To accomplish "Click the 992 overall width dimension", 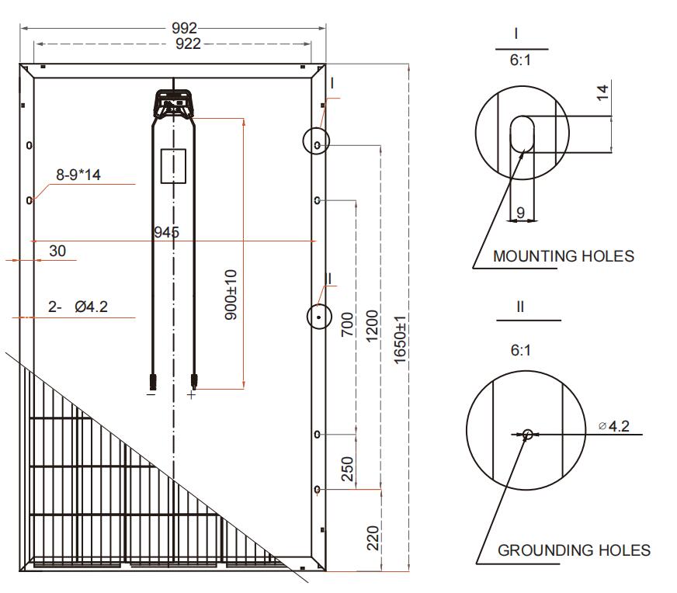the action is tap(184, 28).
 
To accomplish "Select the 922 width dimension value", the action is tap(188, 43).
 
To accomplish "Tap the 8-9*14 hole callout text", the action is tap(78, 175).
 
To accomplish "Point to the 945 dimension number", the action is tap(166, 232).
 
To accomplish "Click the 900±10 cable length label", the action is tap(231, 295).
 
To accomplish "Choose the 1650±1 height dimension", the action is tap(401, 340).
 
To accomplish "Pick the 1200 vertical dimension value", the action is tap(372, 326).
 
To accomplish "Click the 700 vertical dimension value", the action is tap(347, 324).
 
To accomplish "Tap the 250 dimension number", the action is tap(347, 469).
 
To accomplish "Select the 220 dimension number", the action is tap(373, 538).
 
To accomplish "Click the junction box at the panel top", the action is tap(174, 103).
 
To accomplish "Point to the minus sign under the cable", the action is tap(151, 394).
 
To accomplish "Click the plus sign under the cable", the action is tap(191, 394).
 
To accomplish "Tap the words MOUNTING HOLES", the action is tap(564, 256).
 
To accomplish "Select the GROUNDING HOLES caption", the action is tap(574, 550).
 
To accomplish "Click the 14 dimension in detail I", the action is tap(602, 92).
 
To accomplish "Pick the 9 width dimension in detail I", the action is tap(521, 213).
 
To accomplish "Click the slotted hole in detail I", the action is tap(522, 134).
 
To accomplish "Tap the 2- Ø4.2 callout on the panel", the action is tap(78, 307).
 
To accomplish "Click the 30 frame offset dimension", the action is tap(57, 251).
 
